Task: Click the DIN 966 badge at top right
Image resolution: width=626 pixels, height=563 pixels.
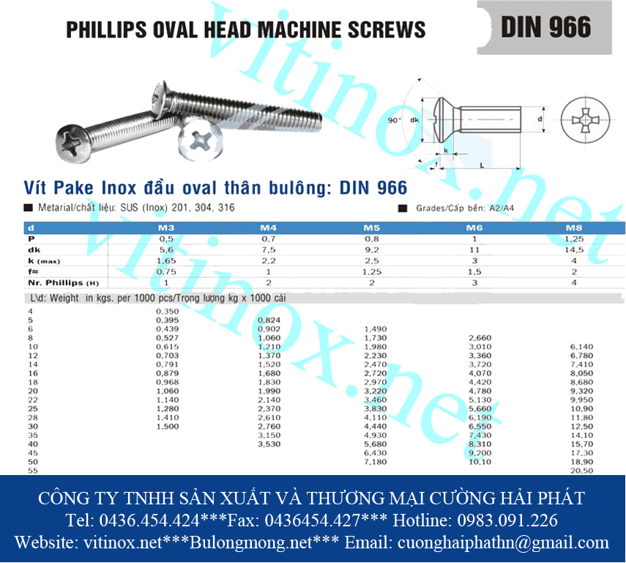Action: (546, 27)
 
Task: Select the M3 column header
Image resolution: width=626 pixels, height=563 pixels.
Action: (166, 228)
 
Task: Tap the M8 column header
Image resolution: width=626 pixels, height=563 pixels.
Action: (573, 228)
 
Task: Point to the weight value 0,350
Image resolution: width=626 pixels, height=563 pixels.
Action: (168, 312)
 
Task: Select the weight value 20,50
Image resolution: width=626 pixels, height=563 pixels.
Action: (581, 471)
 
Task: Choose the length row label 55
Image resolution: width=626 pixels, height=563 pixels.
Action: (31, 471)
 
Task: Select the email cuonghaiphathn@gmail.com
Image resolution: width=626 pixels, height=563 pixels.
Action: (502, 543)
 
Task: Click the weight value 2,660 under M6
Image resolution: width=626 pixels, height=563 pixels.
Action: (480, 338)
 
